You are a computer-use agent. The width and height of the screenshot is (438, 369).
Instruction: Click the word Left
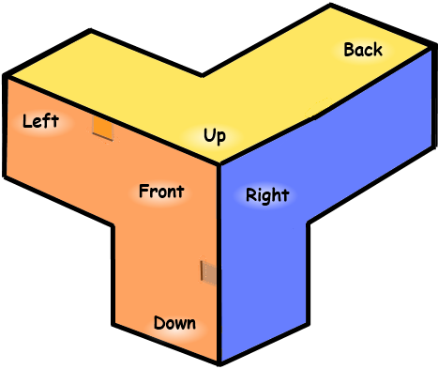point(40,121)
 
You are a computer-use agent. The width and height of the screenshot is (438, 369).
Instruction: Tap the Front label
point(161,192)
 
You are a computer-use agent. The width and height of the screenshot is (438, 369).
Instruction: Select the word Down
point(174,324)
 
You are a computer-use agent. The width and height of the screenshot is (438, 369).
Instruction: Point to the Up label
point(215,137)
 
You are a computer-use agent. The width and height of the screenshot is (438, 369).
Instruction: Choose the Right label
point(267,196)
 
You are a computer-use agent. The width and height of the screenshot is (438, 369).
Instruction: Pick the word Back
point(363,50)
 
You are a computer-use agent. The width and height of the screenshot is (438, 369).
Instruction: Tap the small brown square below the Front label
point(208,272)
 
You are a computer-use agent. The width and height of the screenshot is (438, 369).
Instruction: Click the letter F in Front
point(143,192)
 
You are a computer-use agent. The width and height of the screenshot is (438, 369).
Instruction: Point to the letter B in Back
point(349,50)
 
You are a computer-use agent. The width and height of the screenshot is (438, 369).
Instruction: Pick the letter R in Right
point(251,195)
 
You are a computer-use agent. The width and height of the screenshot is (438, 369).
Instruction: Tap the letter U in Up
point(209,136)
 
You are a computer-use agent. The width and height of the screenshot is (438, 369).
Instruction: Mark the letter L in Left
point(26,121)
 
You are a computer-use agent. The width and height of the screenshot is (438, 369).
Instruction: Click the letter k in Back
point(377,50)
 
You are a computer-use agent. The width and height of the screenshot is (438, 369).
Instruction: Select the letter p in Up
point(221,139)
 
